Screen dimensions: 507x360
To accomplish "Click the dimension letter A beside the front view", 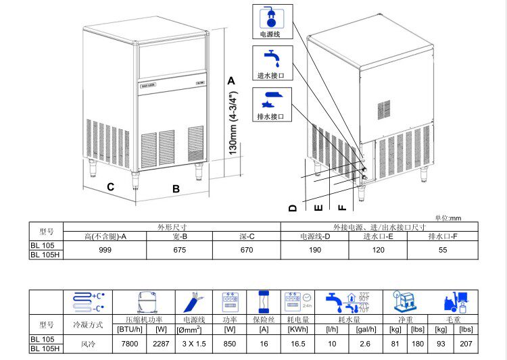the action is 231,80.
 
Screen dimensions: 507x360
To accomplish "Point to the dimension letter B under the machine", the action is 176,189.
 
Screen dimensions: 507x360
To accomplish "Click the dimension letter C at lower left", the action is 110,186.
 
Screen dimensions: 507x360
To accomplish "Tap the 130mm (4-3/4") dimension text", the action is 231,122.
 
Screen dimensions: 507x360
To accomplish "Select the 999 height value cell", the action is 105,250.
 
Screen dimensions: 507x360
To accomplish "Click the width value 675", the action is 178,250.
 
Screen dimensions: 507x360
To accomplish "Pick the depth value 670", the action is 247,250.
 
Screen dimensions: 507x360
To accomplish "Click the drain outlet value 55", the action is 443,250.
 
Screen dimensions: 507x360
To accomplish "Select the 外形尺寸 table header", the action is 172,228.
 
